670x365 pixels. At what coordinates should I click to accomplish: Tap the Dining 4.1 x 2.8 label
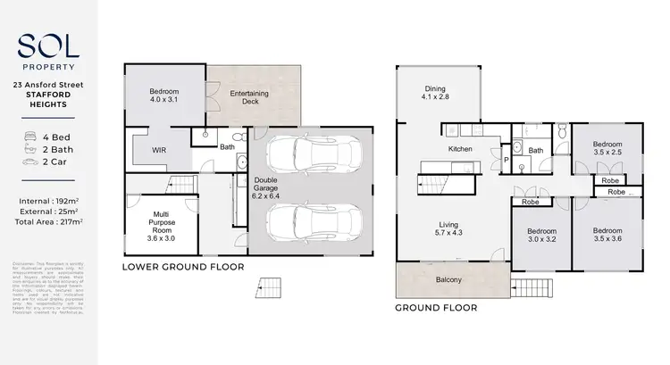437,91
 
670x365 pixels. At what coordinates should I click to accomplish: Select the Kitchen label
459,149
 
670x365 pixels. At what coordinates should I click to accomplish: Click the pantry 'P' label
507,162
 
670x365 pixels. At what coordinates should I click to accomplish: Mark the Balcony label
449,280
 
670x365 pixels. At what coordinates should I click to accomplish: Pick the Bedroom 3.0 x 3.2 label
540,236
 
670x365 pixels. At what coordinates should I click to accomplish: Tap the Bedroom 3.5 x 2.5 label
607,147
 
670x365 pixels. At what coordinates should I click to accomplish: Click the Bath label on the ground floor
536,151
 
